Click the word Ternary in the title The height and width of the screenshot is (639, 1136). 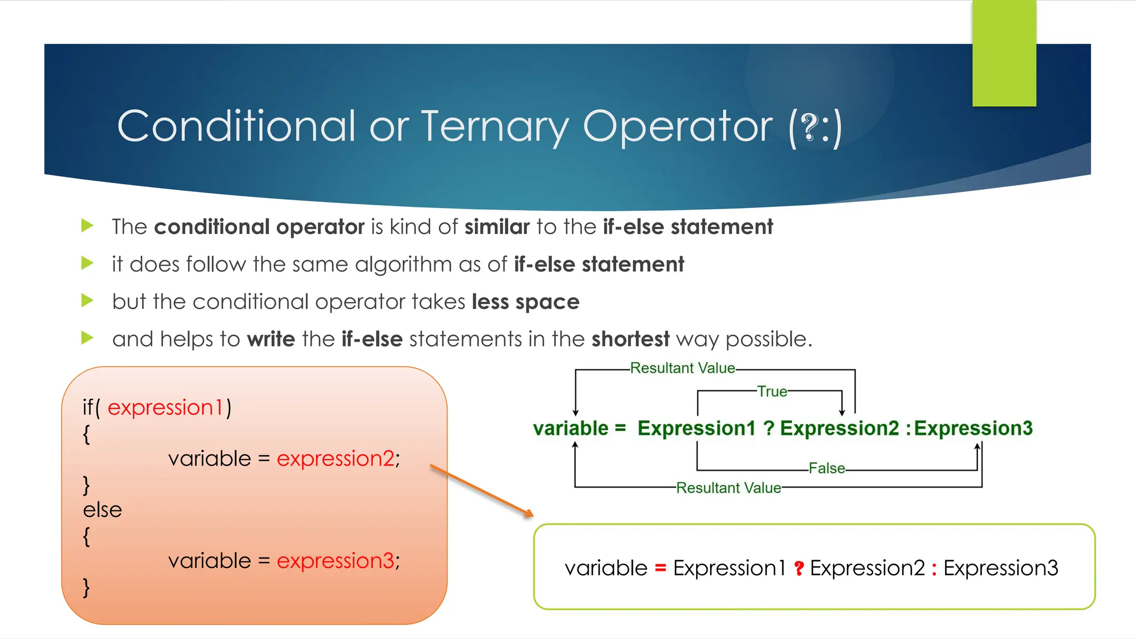coord(495,126)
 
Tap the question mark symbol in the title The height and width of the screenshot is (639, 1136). coord(810,128)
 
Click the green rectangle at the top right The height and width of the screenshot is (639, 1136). coord(1004,53)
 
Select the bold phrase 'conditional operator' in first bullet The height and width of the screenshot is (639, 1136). coord(259,227)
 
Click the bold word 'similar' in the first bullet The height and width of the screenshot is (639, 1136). coord(497,227)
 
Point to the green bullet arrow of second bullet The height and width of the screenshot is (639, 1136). coord(87,263)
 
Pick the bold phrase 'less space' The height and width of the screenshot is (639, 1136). coord(525,302)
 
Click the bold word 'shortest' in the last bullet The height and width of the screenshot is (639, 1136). coord(630,339)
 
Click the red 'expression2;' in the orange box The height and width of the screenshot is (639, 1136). coord(338,459)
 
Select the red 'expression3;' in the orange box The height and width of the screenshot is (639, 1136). coord(338,561)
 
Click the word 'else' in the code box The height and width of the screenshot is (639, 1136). coord(102,510)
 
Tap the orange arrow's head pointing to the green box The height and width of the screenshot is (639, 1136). coord(529,514)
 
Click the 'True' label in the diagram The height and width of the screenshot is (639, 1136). coord(772,392)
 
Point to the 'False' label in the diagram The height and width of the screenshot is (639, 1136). coord(826,468)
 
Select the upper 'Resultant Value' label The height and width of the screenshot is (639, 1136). coord(682,368)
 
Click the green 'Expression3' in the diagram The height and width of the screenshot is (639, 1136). coord(973,428)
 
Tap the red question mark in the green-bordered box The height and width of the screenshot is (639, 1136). coord(799,569)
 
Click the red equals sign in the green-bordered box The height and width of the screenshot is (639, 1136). coord(660,569)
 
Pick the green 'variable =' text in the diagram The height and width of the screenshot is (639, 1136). coord(579,428)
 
